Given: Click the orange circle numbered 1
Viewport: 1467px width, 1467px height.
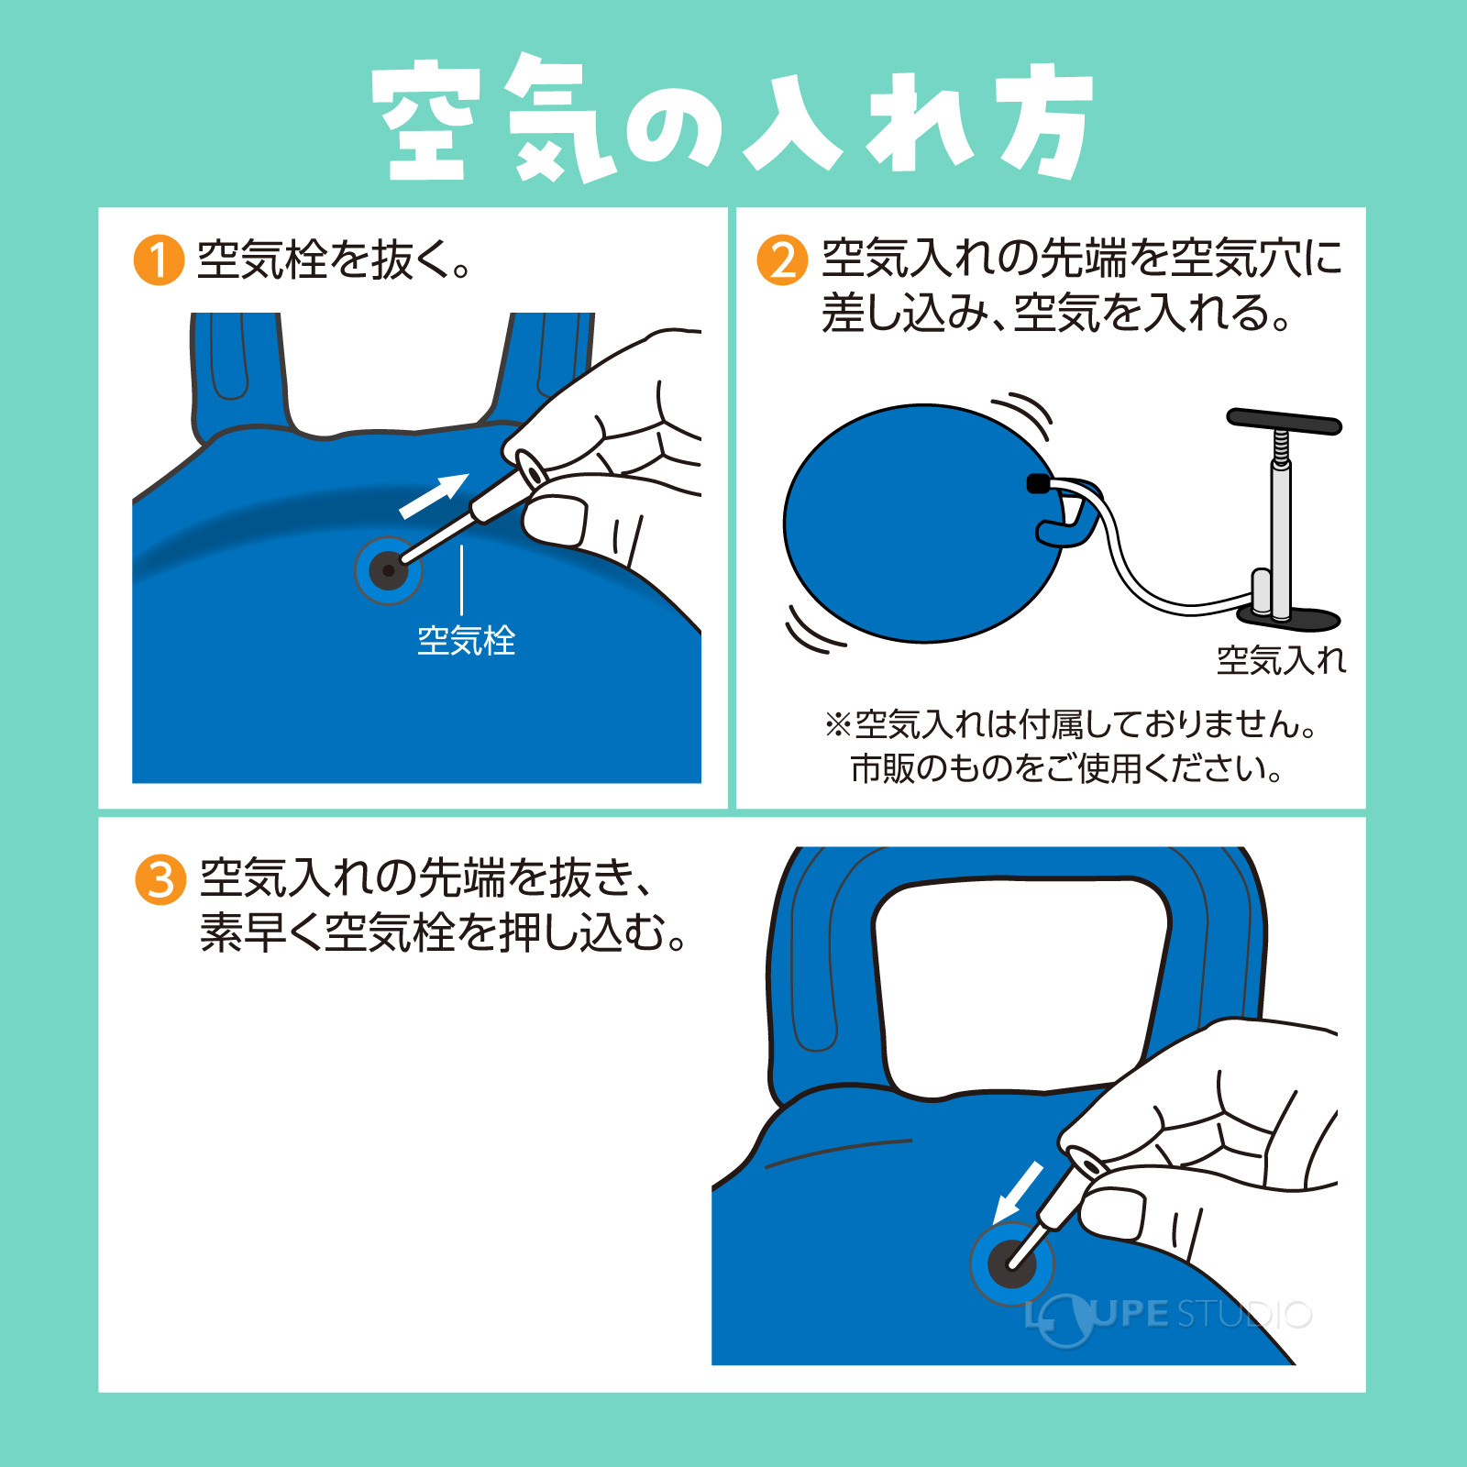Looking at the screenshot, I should point(159,260).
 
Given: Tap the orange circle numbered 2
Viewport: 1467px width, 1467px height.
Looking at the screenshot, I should point(782,260).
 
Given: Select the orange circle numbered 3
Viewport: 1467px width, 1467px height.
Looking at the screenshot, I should point(160,880).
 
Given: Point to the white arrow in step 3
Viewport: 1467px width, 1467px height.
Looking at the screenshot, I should point(1020,1191).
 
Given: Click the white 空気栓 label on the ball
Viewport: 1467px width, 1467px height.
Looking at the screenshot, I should point(466,641).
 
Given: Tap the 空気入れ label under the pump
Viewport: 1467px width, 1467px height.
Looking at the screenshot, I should point(1280,660).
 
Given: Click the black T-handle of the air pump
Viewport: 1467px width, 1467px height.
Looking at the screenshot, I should point(1284,422).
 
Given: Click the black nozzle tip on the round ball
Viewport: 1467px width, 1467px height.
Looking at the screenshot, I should point(1037,483).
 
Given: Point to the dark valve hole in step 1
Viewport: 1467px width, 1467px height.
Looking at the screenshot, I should point(388,571).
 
